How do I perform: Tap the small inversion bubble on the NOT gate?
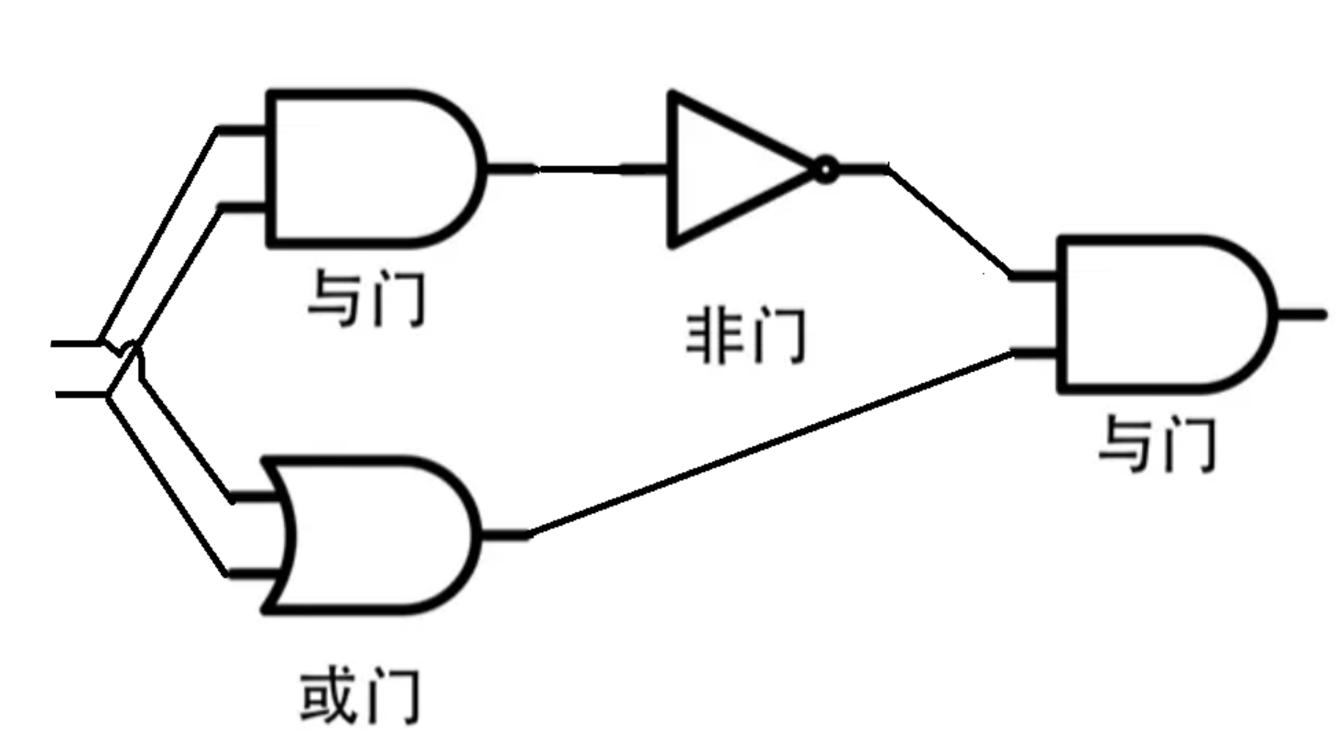[825, 169]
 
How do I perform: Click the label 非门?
[745, 337]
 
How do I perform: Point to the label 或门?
[360, 696]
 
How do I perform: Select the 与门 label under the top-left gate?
[366, 298]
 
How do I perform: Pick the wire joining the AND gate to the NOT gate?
[577, 169]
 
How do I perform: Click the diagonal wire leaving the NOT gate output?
[948, 220]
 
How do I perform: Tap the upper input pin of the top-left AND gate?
[242, 129]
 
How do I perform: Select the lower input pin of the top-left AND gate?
[244, 207]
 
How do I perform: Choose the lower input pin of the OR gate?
[252, 574]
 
